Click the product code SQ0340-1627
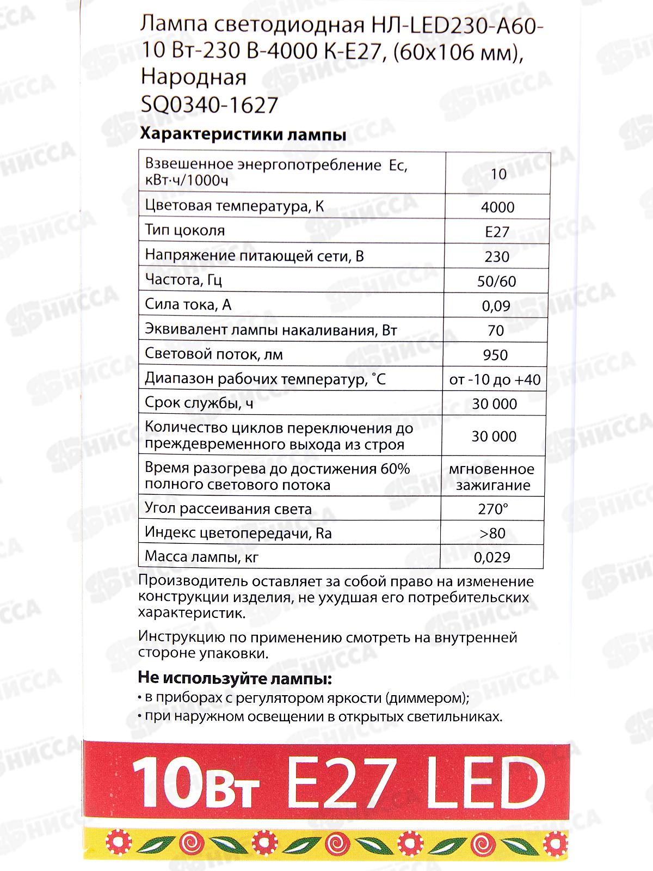coord(210,105)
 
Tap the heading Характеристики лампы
coord(243,134)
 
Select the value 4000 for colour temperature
coord(497,207)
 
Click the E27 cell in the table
coord(497,232)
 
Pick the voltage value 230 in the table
coord(497,256)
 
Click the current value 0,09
coord(496,306)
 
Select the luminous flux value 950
coord(495,355)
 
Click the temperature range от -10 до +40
coord(495,379)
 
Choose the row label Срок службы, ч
coord(199,403)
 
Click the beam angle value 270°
coord(493,509)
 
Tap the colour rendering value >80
coord(492,533)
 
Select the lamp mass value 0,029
coord(492,557)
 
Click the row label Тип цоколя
coord(185,230)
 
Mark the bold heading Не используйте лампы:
coord(235,679)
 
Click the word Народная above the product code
coord(193,77)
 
